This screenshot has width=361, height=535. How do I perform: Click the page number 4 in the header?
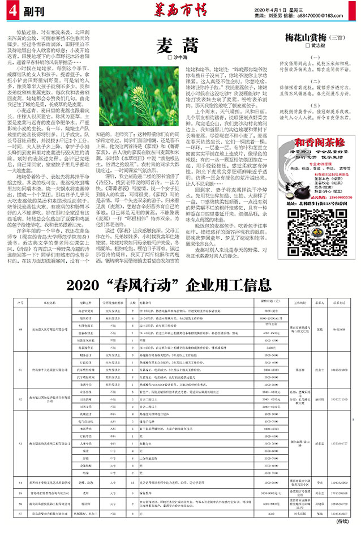12,9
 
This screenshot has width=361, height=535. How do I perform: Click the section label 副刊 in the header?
32,9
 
